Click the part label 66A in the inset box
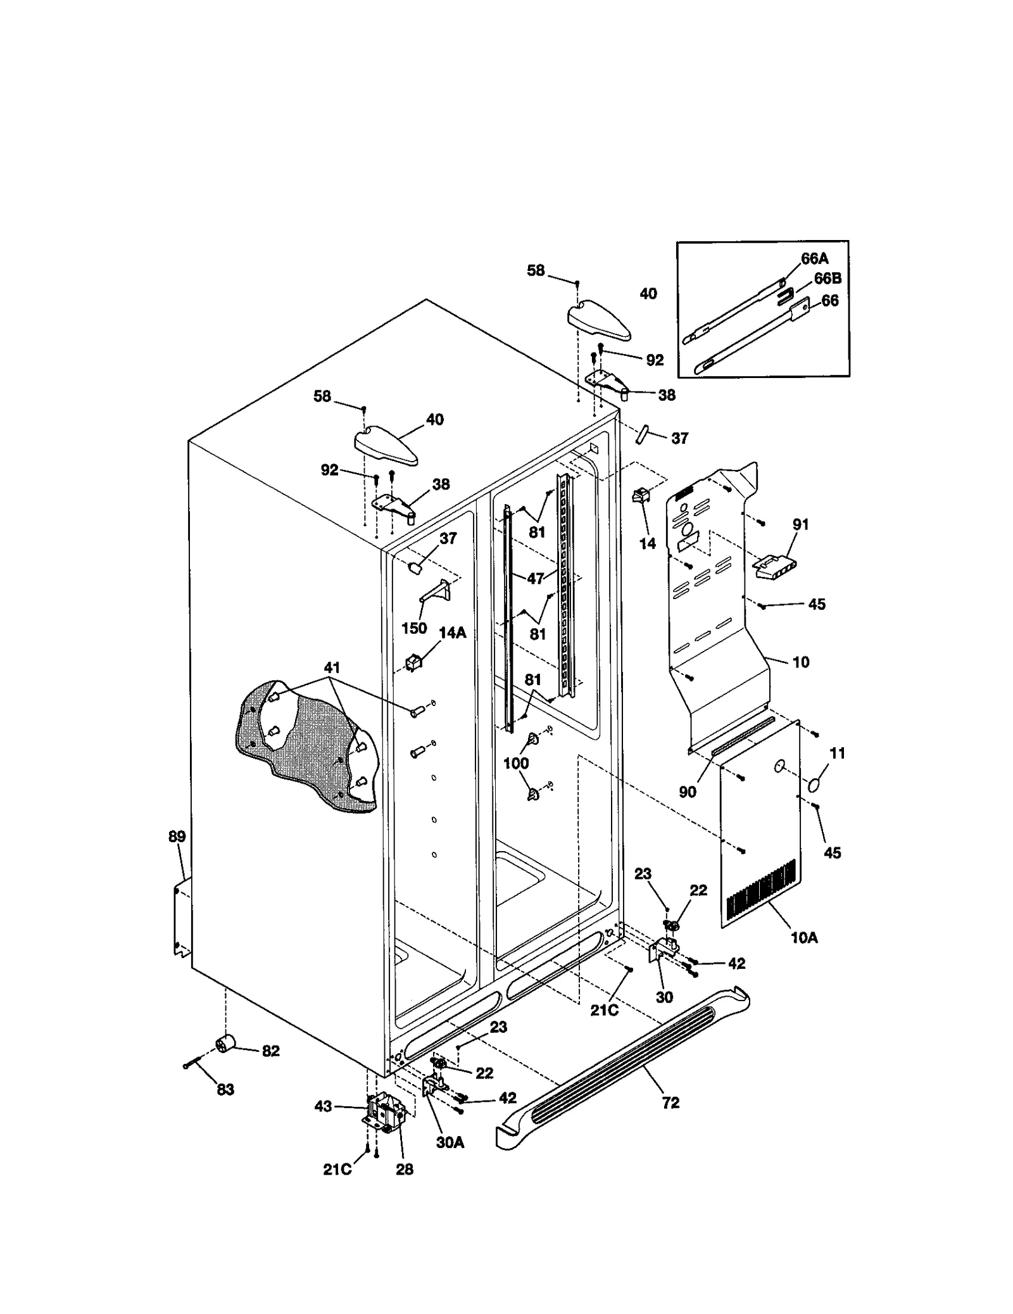tap(814, 258)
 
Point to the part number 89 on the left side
tap(177, 837)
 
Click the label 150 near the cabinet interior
tap(414, 628)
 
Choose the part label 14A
tap(452, 632)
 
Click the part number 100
tap(516, 763)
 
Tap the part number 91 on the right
tap(800, 524)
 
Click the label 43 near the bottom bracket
tap(323, 1106)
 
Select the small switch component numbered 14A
tap(413, 662)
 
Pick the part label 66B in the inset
tap(827, 279)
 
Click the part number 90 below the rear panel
tap(688, 792)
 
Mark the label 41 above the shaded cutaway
tap(332, 667)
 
